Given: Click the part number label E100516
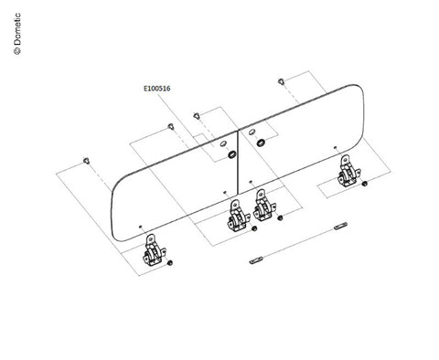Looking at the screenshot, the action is coord(156,89).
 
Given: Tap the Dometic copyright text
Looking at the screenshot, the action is coord(17,34).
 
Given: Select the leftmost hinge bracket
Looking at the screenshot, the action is coord(154,250).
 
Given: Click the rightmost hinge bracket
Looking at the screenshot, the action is coord(349,171).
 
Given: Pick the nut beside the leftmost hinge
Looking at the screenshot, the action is coord(170,262).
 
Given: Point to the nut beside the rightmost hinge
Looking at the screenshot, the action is coord(364,184).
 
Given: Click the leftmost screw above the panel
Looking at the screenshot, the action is coord(87,160).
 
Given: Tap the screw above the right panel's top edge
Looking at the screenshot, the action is coord(281,81).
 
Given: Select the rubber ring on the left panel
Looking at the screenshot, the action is coord(232,154).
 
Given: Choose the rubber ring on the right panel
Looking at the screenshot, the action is coord(261,143).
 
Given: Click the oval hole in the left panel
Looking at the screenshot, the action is coord(223,143).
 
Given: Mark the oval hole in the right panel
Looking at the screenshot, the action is coord(252,132).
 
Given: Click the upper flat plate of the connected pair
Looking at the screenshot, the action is coord(340,226).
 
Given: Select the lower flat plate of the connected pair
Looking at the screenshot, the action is coord(256,260).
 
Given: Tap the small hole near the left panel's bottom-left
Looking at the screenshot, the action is coord(141,227).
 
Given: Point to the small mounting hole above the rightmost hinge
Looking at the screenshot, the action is coord(336,147).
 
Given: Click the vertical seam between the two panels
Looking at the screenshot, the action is coord(238,163).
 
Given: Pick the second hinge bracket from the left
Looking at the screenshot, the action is coord(239,216).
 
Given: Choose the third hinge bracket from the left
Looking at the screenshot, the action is coord(264,205).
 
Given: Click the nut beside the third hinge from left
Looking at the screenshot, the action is coord(280,217).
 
